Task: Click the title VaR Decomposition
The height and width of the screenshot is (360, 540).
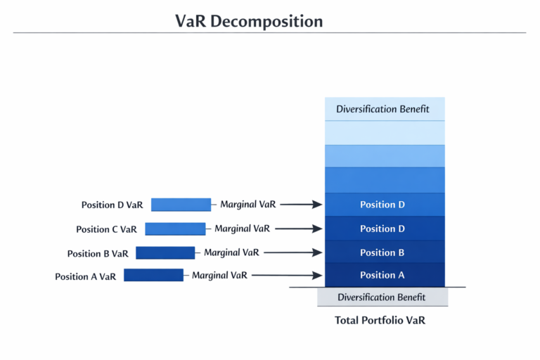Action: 249,21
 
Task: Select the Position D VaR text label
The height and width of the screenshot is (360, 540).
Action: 112,205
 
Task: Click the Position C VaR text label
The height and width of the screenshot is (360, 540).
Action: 106,229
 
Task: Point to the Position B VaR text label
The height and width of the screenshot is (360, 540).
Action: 98,253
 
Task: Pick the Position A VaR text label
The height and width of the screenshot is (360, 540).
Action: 85,276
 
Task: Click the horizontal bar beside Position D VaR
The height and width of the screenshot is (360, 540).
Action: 181,205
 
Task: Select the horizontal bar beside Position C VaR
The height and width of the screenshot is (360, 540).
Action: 175,229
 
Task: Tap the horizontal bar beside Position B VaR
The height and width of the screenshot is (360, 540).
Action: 165,252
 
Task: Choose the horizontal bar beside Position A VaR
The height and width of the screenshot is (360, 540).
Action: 153,275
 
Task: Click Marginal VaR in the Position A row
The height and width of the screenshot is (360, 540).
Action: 219,276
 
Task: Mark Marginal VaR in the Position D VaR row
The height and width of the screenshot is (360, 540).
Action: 248,205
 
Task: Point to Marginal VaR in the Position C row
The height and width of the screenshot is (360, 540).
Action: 243,229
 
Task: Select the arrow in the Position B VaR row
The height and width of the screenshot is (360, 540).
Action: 293,252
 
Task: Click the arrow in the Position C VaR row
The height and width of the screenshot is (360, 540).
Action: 299,229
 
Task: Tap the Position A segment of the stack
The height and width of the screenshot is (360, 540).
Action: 385,275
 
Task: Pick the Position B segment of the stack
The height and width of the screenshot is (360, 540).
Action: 385,252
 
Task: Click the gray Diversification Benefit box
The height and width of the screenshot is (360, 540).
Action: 382,297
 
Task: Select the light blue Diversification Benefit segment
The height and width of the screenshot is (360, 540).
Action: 385,109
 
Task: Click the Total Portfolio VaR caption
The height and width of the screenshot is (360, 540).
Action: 380,321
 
